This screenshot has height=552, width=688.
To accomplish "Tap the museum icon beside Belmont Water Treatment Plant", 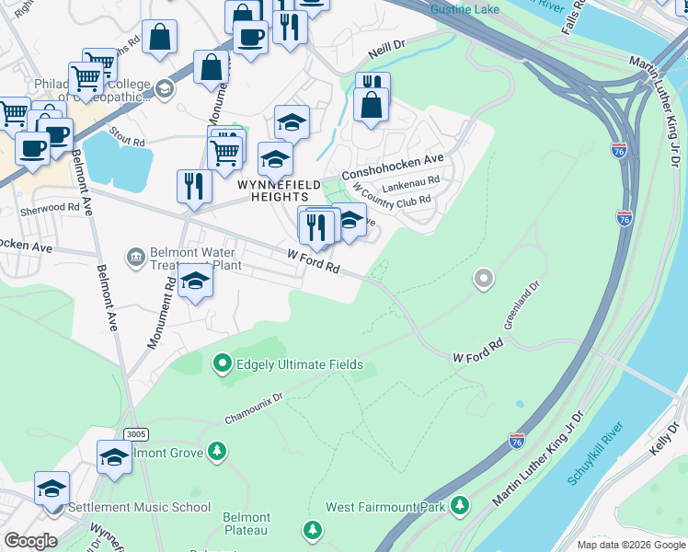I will (x=136, y=255).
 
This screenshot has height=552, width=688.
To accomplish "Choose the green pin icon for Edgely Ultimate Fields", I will (x=222, y=365).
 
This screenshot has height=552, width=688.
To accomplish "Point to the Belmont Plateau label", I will (x=247, y=524).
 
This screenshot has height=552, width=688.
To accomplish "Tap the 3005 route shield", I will (x=135, y=433).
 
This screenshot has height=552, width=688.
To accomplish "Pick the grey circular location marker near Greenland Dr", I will (x=483, y=278).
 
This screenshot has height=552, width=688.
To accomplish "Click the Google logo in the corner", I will (x=29, y=541).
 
